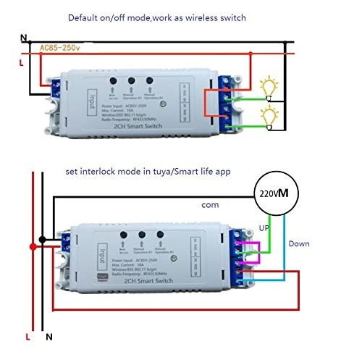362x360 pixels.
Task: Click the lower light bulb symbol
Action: pyautogui.click(x=271, y=116)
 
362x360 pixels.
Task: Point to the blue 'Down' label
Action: pyautogui.click(x=299, y=244)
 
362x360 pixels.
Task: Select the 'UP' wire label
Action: pyautogui.click(x=264, y=227)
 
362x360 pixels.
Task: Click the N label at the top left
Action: pyautogui.click(x=23, y=38)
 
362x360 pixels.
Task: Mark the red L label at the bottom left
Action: pyautogui.click(x=28, y=338)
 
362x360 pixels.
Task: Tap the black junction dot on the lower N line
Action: pyautogui.click(x=43, y=238)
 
